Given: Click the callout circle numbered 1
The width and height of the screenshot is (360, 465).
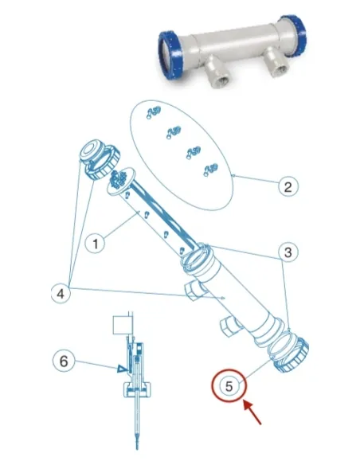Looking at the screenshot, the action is (x=96, y=244).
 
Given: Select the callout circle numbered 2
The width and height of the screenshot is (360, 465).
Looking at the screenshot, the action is (x=288, y=186).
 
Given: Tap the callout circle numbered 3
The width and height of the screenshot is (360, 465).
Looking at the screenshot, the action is (x=288, y=252).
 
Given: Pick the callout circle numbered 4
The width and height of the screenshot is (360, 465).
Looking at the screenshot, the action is (x=61, y=294).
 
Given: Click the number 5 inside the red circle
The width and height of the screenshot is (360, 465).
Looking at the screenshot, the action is (x=229, y=386).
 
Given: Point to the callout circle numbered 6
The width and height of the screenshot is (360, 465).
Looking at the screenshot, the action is (x=63, y=361).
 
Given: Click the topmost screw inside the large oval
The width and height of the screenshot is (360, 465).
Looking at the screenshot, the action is (x=154, y=112).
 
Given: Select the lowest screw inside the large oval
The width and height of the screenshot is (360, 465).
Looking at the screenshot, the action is (x=210, y=170).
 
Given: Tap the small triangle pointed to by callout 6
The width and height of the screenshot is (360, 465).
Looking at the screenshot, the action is (x=121, y=369).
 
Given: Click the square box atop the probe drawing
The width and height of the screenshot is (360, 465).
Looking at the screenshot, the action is (x=122, y=325).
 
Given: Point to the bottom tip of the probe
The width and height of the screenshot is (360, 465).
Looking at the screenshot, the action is (x=137, y=448).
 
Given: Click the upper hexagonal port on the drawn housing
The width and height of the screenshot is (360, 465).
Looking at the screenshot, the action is (x=193, y=291).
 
